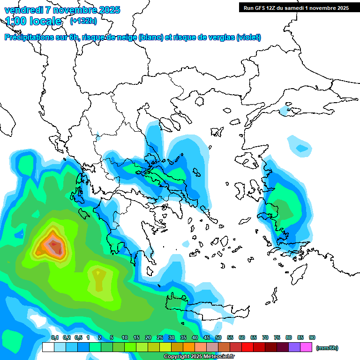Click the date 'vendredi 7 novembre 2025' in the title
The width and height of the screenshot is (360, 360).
[62, 10]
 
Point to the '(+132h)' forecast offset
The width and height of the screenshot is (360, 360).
[83, 21]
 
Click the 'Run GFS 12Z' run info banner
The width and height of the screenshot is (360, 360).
[296, 7]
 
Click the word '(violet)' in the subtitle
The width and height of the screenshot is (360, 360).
[248, 37]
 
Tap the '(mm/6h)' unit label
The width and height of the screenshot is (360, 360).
[327, 348]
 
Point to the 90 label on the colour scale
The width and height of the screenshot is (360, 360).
[312, 337]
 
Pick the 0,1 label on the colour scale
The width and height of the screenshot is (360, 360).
[55, 337]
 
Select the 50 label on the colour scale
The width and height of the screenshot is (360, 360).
[218, 337]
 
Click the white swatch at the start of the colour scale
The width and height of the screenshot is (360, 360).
[48, 347]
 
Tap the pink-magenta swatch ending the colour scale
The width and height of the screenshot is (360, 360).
[306, 347]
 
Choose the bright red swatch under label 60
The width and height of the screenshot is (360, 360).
[247, 347]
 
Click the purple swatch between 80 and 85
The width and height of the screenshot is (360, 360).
[294, 347]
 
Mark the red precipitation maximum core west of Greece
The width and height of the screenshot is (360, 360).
[54, 244]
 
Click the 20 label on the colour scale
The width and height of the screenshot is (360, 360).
[148, 337]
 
